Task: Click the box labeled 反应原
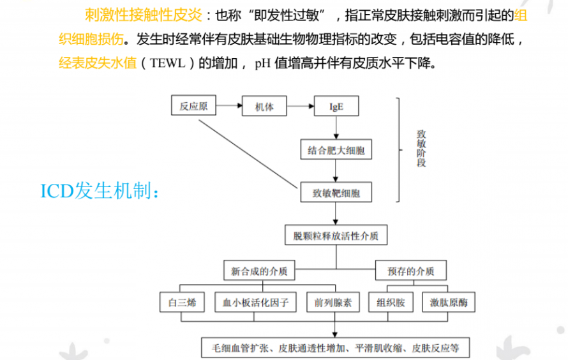[193, 105]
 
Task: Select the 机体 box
[264, 106]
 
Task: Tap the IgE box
[336, 106]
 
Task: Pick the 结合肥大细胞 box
[336, 149]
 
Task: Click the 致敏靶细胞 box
[336, 192]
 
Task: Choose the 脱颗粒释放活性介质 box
[336, 235]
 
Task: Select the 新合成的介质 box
[259, 270]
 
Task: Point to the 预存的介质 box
[411, 270]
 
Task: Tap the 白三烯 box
[182, 302]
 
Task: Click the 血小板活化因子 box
[255, 302]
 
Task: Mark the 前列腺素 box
[333, 302]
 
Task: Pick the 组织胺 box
[391, 302]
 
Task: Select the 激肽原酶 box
[449, 302]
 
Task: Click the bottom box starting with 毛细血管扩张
[336, 348]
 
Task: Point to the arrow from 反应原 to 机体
[229, 105]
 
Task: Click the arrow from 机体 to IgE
[301, 106]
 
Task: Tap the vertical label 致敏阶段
[421, 149]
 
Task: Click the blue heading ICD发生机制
[100, 190]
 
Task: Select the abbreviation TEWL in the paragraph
[167, 63]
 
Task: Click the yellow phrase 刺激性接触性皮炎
[144, 15]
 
